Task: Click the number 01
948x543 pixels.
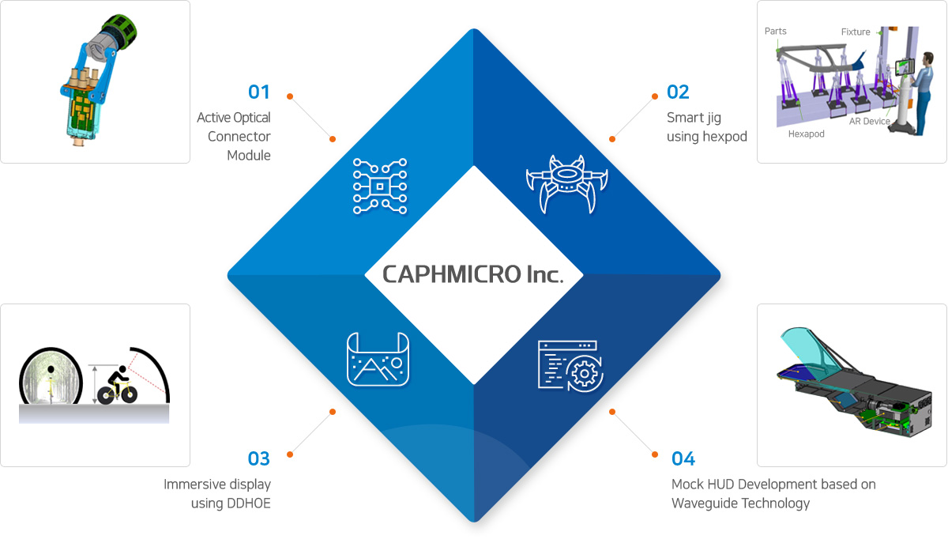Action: tap(258, 92)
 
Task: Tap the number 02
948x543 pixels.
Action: tap(678, 92)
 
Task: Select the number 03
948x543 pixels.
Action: tap(258, 458)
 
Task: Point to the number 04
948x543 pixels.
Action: tap(683, 458)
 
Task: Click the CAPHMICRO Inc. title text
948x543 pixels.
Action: tap(472, 274)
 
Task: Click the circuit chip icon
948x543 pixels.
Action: tap(380, 186)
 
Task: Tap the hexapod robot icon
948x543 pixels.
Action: tap(567, 184)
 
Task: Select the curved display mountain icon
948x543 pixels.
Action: tap(378, 359)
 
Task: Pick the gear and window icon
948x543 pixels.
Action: tap(570, 366)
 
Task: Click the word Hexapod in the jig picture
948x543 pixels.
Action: tap(807, 134)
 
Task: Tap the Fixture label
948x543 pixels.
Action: tap(856, 32)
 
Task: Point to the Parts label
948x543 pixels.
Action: tap(775, 31)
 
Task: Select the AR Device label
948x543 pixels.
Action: tap(870, 121)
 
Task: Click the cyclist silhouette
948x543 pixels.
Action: tap(117, 385)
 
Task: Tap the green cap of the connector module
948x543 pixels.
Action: tap(119, 32)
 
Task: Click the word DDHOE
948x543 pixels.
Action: tap(248, 503)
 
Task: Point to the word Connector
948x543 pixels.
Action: tap(239, 137)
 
